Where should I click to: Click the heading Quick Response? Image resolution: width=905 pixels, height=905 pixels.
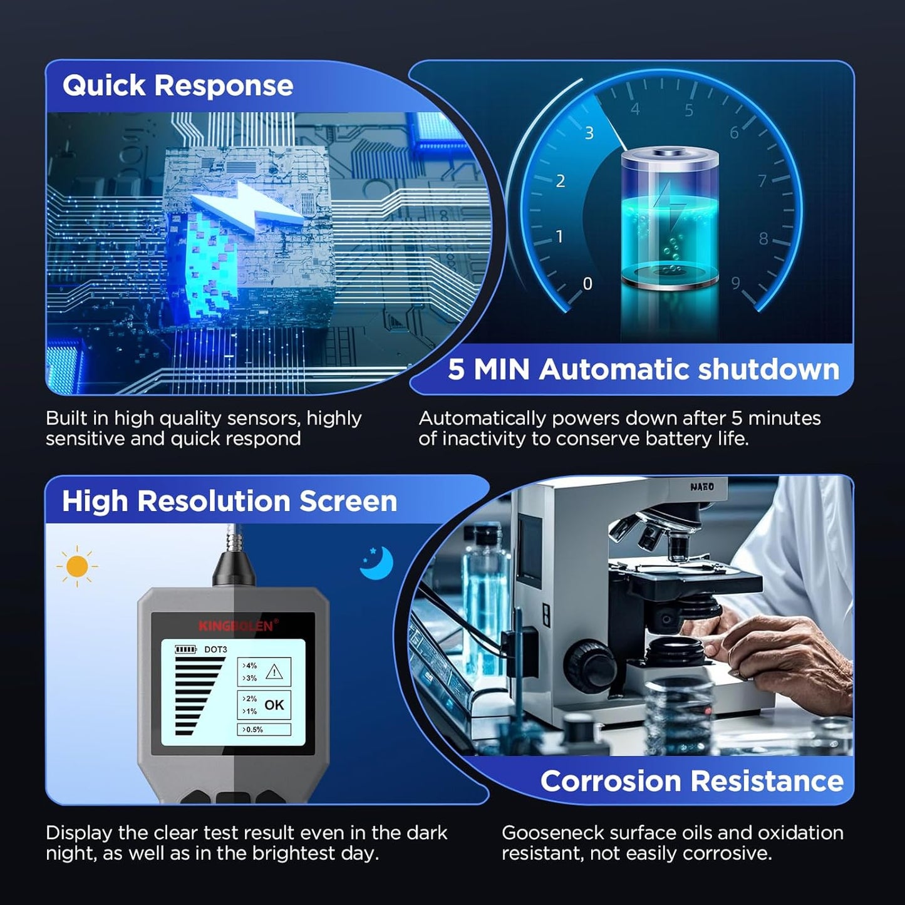point(177,85)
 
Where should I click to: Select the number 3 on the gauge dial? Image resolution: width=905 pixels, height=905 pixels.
point(589,133)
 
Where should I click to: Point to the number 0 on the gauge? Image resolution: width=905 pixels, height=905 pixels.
point(587,283)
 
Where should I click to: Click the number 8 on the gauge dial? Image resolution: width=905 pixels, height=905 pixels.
point(763,239)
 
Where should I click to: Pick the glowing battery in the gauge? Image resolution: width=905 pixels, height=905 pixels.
point(670,217)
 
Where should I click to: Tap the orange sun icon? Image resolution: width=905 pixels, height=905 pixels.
point(77,566)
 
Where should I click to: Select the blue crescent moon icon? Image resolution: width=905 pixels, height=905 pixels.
point(377,562)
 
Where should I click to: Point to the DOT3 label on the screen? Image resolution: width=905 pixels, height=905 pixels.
point(215,649)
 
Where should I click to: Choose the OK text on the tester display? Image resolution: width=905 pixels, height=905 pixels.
point(274,705)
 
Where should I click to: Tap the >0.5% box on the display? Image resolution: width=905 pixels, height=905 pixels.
point(264,730)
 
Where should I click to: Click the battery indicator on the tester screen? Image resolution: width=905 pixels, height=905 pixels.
point(186,649)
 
